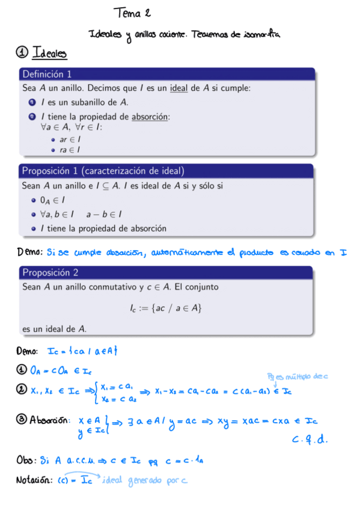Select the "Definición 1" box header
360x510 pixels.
pos(47,75)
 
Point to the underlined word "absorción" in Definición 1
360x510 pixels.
pos(151,117)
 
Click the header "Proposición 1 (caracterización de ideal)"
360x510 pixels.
pos(103,171)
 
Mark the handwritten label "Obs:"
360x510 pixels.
pos(27,461)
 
